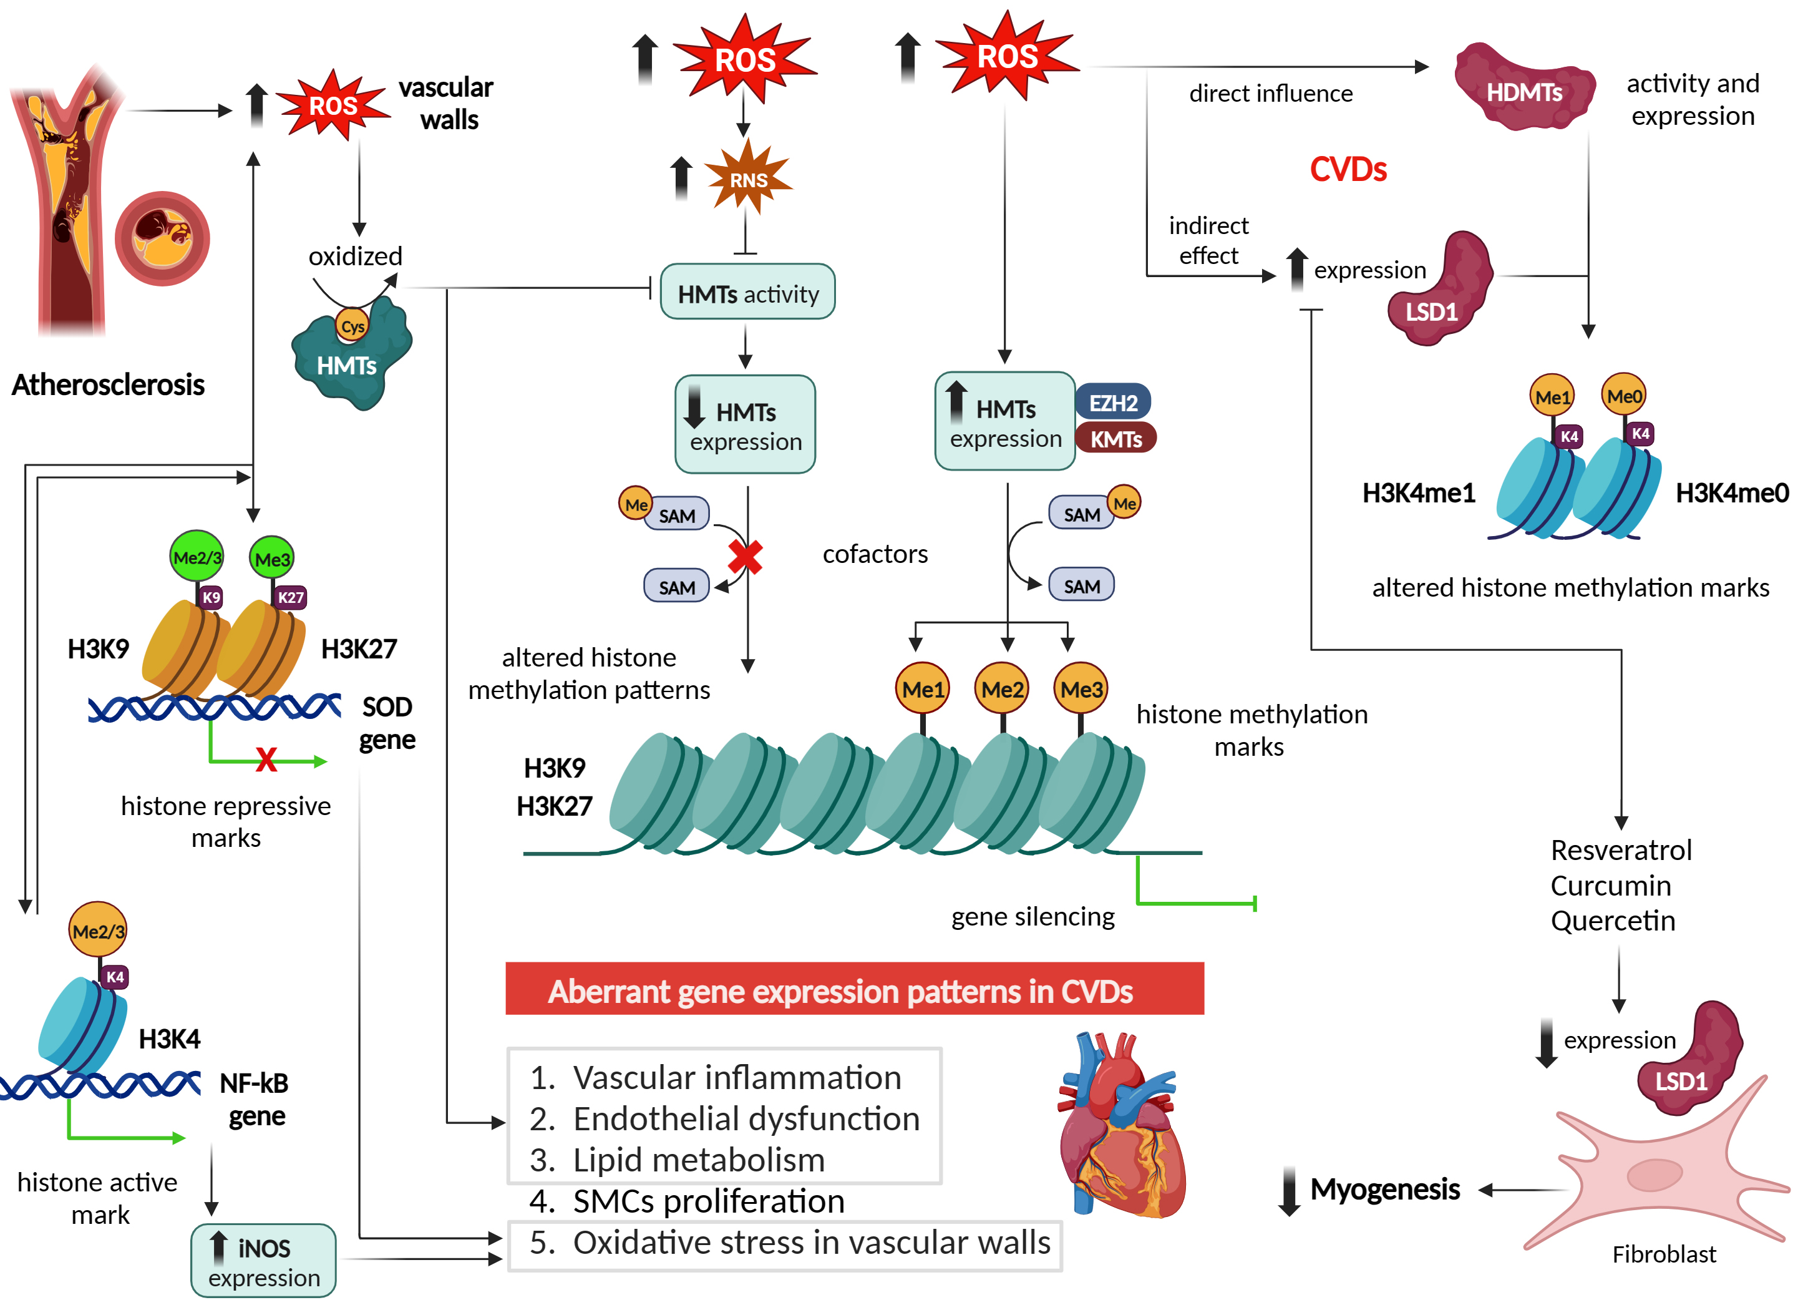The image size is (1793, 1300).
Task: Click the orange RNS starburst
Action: (x=748, y=178)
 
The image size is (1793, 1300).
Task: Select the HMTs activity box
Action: (x=747, y=293)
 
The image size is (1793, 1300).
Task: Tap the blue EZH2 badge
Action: (x=1112, y=403)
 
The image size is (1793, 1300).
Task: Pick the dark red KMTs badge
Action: (x=1115, y=439)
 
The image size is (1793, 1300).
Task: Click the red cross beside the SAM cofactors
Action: (x=745, y=557)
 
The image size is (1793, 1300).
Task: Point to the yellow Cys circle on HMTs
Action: (x=352, y=326)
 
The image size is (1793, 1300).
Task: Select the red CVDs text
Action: (x=1348, y=169)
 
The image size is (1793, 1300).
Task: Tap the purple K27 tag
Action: (x=290, y=597)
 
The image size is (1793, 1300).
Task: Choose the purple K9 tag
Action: (x=210, y=597)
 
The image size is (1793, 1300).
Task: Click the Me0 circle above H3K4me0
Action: (x=1624, y=396)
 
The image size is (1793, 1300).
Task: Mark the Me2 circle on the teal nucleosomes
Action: (x=1002, y=689)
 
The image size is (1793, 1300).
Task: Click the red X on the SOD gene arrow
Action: (x=266, y=760)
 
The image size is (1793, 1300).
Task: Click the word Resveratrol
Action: (x=1621, y=850)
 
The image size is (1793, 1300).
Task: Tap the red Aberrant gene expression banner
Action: (x=855, y=989)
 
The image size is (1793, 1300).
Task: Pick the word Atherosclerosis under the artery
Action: (x=109, y=385)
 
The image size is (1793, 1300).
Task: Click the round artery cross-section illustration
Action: (x=162, y=238)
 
